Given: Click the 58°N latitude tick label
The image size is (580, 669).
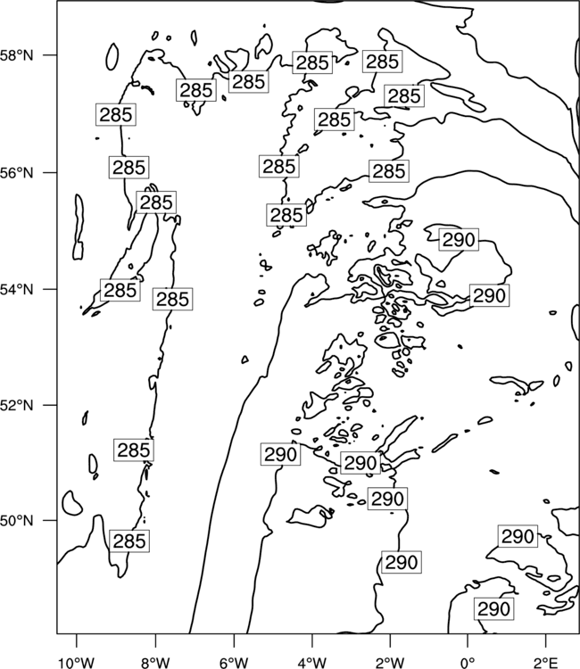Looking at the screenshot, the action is pyautogui.click(x=16, y=55).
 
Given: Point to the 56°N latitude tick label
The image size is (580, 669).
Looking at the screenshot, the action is pyautogui.click(x=16, y=173).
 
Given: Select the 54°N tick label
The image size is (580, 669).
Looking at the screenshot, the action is pyautogui.click(x=16, y=289).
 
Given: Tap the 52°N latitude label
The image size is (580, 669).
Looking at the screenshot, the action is pyautogui.click(x=16, y=405).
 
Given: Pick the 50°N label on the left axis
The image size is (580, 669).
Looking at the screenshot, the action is pyautogui.click(x=16, y=521).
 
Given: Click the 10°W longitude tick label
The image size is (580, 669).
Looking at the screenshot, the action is pyautogui.click(x=77, y=663).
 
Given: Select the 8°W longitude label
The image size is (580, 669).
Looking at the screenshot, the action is pyautogui.click(x=155, y=663).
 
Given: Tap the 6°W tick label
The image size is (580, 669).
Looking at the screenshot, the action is pyautogui.click(x=234, y=663).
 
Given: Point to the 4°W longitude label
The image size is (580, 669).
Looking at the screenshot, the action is pyautogui.click(x=312, y=663).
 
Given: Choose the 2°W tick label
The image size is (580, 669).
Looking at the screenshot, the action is pyautogui.click(x=390, y=663).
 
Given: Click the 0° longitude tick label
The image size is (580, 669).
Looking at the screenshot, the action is pyautogui.click(x=468, y=663).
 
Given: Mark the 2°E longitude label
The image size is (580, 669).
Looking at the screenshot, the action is pyautogui.click(x=546, y=663).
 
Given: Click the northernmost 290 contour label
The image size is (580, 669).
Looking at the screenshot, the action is pyautogui.click(x=459, y=240).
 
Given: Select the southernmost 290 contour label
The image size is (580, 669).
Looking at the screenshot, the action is pyautogui.click(x=493, y=609).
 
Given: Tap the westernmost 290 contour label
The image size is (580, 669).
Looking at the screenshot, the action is pyautogui.click(x=280, y=454).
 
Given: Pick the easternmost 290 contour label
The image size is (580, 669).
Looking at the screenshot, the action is pyautogui.click(x=518, y=536).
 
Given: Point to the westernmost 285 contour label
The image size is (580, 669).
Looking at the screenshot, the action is pyautogui.click(x=116, y=114).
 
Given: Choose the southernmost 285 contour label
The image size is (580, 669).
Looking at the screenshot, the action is pyautogui.click(x=129, y=541).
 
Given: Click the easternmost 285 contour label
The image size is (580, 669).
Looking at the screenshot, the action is pyautogui.click(x=404, y=95).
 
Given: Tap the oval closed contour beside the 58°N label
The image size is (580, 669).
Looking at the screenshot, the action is pyautogui.click(x=112, y=57).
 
